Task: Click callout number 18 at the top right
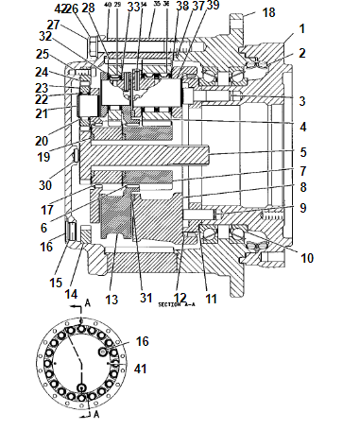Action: point(269,12)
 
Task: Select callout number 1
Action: point(302,29)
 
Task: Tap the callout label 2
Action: point(302,53)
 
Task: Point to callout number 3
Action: point(302,100)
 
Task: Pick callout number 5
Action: point(302,152)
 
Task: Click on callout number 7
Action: point(302,173)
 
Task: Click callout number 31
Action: point(147,300)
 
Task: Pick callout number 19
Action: point(44,158)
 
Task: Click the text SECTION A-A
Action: point(176,306)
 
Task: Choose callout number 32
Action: point(44,35)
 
